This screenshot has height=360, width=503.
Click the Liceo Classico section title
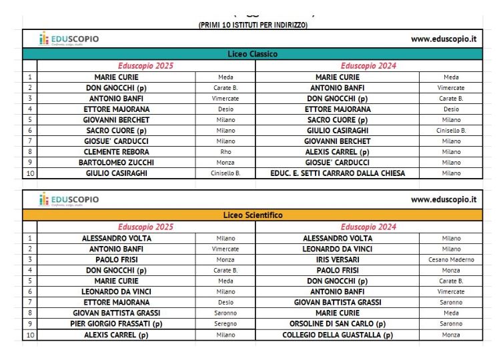253,54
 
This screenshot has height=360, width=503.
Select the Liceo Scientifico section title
253,215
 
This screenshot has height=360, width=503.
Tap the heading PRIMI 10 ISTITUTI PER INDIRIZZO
253,25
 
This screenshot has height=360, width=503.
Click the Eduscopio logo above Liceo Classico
69,39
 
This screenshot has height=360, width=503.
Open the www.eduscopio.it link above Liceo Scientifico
443,199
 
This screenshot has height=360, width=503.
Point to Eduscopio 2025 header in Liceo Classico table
145,66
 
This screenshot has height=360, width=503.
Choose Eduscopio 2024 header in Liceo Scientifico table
368,227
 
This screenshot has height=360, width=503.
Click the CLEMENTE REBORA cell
117,152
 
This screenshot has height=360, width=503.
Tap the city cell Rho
225,152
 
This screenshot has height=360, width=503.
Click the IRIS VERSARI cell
338,259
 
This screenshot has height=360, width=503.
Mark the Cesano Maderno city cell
451,259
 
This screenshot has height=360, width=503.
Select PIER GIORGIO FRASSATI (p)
117,324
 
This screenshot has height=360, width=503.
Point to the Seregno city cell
225,324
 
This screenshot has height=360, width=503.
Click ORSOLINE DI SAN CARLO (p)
338,324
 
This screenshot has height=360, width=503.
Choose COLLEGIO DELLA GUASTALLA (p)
338,335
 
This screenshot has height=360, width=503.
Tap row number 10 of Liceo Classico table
29,173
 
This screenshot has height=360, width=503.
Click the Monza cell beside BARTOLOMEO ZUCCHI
225,163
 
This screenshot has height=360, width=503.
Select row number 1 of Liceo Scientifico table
29,238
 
